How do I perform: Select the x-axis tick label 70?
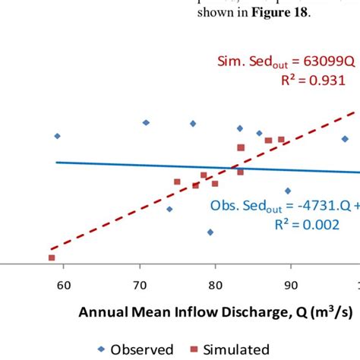pyautogui.click(x=139, y=286)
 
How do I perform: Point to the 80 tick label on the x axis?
pyautogui.click(x=215, y=286)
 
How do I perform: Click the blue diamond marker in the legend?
pyautogui.click(x=99, y=349)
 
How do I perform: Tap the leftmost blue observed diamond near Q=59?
pyautogui.click(x=57, y=136)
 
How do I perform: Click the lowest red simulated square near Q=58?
pyautogui.click(x=52, y=257)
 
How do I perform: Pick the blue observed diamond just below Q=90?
pyautogui.click(x=288, y=191)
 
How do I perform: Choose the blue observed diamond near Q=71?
pyautogui.click(x=146, y=122)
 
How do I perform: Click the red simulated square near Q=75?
pyautogui.click(x=177, y=182)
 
